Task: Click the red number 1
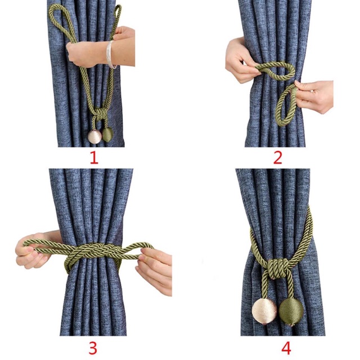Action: [94, 158]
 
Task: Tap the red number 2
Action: [278, 158]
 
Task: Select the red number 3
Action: [93, 348]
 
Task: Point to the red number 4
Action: [286, 348]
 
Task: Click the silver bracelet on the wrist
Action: [110, 55]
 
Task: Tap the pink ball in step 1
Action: [94, 137]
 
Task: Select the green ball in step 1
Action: [107, 134]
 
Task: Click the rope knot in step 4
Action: [279, 267]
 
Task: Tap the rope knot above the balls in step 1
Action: [100, 114]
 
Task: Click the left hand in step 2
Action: [241, 61]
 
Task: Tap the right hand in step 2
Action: [314, 96]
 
